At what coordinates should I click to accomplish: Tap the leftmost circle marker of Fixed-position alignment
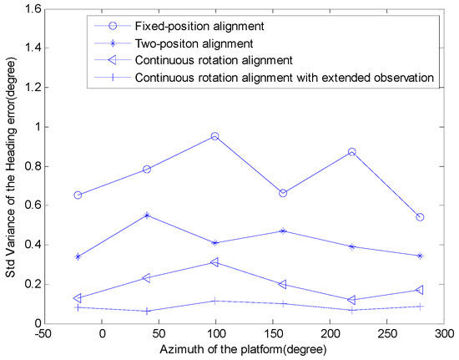pos(78,195)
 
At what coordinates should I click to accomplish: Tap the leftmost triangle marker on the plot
pos(78,297)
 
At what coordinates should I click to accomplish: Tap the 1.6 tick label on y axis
pos(34,10)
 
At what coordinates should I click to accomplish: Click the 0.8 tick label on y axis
pos(34,166)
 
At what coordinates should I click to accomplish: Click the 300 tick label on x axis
pos(443,334)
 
